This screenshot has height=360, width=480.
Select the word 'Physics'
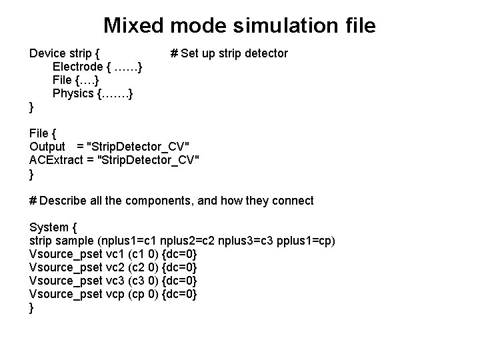click(73, 93)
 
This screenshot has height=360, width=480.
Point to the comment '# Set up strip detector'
click(229, 53)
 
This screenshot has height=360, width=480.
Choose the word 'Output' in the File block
click(47, 147)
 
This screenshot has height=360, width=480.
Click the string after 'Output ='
click(143, 147)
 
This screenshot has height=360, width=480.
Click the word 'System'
click(49, 227)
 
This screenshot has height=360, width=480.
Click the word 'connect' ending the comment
click(292, 200)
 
